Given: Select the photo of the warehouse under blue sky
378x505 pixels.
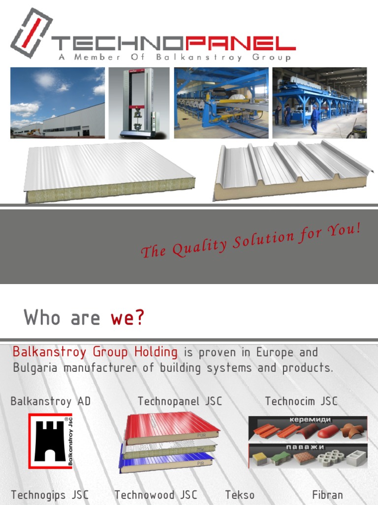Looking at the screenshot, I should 58,103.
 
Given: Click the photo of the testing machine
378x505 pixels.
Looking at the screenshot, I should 139,103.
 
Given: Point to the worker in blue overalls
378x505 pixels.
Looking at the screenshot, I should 314,119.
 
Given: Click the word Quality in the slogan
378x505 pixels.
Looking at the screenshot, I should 199,246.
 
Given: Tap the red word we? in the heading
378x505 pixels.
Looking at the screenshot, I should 127,318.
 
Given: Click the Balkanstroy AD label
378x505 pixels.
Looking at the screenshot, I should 51,401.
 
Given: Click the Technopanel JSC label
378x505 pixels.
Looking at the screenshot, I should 180,401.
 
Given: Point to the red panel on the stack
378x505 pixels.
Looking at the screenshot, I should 170,426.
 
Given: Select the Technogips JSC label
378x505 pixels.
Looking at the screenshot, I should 50,495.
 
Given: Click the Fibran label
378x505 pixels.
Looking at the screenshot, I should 327,495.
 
